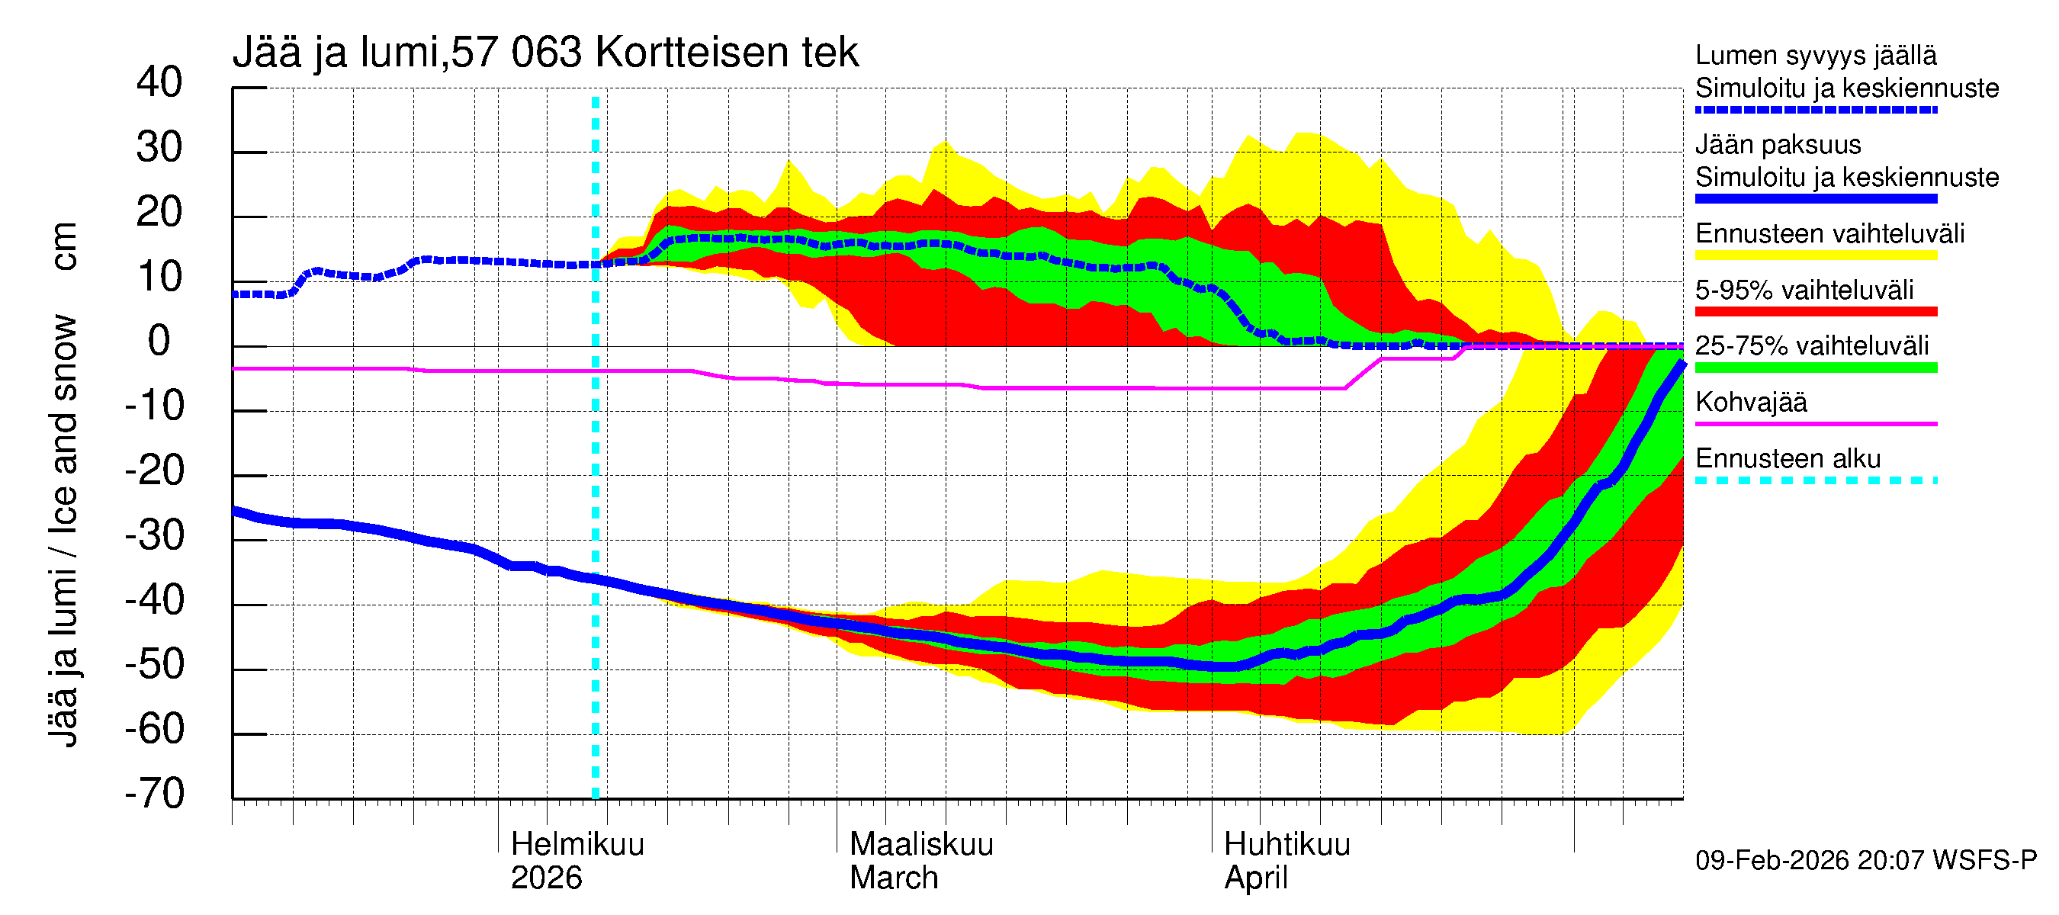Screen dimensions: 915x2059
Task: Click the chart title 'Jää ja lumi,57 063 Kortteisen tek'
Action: (x=545, y=53)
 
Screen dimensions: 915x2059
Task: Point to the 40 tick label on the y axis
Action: (x=159, y=82)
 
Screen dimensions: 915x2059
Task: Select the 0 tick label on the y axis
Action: (x=159, y=342)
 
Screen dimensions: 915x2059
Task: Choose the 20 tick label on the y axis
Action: (x=159, y=213)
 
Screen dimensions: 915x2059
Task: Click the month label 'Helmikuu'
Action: (x=577, y=844)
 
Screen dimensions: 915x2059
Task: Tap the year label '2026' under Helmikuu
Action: (x=546, y=878)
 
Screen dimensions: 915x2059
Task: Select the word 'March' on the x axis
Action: (x=893, y=878)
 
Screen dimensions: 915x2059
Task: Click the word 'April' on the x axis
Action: (x=1255, y=878)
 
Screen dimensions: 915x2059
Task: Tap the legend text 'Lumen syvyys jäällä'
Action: (x=1815, y=55)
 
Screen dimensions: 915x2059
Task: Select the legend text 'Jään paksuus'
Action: (x=1778, y=145)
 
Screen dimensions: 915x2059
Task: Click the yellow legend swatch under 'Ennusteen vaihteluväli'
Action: (x=1815, y=255)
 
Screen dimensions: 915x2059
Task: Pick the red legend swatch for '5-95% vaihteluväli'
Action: (x=1815, y=312)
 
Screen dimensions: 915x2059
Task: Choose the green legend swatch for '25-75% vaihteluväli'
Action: (x=1815, y=368)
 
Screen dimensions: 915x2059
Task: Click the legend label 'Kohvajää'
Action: (x=1750, y=402)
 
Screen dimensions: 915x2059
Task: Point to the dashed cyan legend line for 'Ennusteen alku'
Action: (x=1815, y=480)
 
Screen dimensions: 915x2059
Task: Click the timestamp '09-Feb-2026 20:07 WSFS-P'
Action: (x=1865, y=860)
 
